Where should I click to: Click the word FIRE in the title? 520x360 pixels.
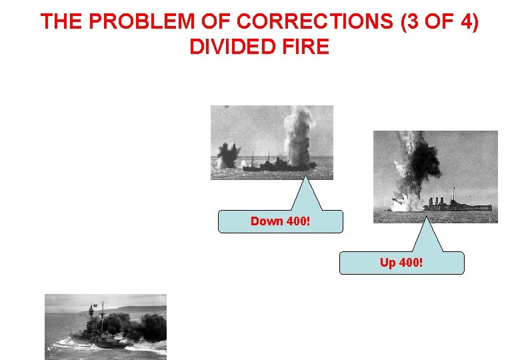pyautogui.click(x=306, y=47)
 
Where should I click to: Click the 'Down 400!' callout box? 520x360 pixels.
pyautogui.click(x=281, y=221)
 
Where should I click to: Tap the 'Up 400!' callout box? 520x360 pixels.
pyautogui.click(x=401, y=263)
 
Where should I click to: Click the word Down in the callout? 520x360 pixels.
pyautogui.click(x=266, y=221)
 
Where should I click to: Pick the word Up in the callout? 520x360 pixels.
pyautogui.click(x=387, y=263)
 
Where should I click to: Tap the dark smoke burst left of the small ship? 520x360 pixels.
pyautogui.click(x=227, y=155)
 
